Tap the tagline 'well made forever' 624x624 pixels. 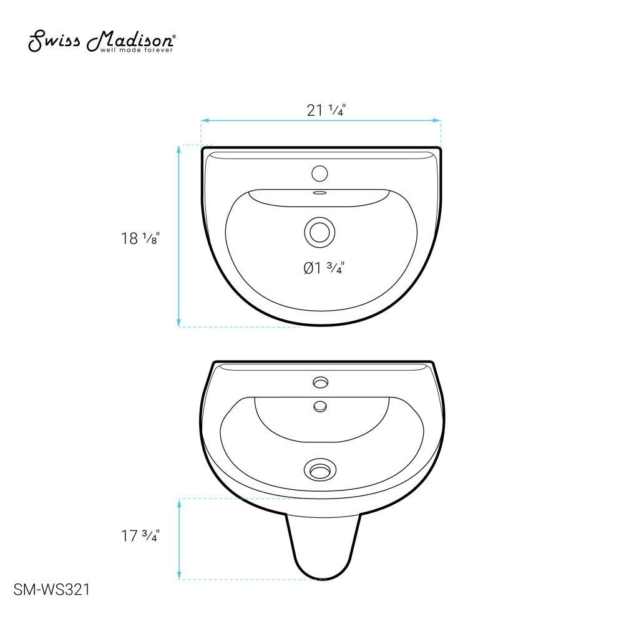click(137, 50)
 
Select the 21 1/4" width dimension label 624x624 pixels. click(326, 110)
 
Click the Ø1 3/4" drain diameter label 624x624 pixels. click(324, 268)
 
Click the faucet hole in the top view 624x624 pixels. click(320, 172)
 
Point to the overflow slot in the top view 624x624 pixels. click(320, 193)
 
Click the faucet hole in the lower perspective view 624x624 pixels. click(321, 381)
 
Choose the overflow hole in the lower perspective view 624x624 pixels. click(321, 406)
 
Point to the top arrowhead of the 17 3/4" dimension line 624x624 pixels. click(179, 502)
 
